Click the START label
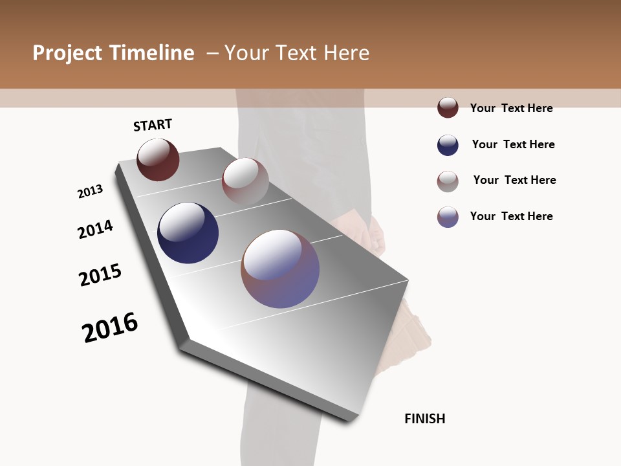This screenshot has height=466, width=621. [153, 125]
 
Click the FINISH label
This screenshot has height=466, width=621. [425, 419]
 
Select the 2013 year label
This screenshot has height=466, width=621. [91, 192]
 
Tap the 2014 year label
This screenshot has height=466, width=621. [96, 229]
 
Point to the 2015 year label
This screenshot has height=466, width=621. [100, 275]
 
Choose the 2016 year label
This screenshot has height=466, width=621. [110, 327]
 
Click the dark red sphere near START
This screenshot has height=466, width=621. [158, 159]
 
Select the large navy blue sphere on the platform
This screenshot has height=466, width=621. [188, 233]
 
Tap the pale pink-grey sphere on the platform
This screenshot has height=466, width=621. [245, 181]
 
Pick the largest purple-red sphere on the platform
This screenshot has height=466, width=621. [280, 269]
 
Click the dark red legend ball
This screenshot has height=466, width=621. [448, 108]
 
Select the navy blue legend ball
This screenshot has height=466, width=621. [448, 145]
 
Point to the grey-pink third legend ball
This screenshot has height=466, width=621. [448, 181]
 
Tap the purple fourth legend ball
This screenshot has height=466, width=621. [448, 217]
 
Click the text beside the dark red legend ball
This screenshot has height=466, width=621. [512, 108]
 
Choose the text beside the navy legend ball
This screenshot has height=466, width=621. [514, 144]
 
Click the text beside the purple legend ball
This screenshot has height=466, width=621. [512, 216]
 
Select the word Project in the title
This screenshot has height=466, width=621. [67, 53]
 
